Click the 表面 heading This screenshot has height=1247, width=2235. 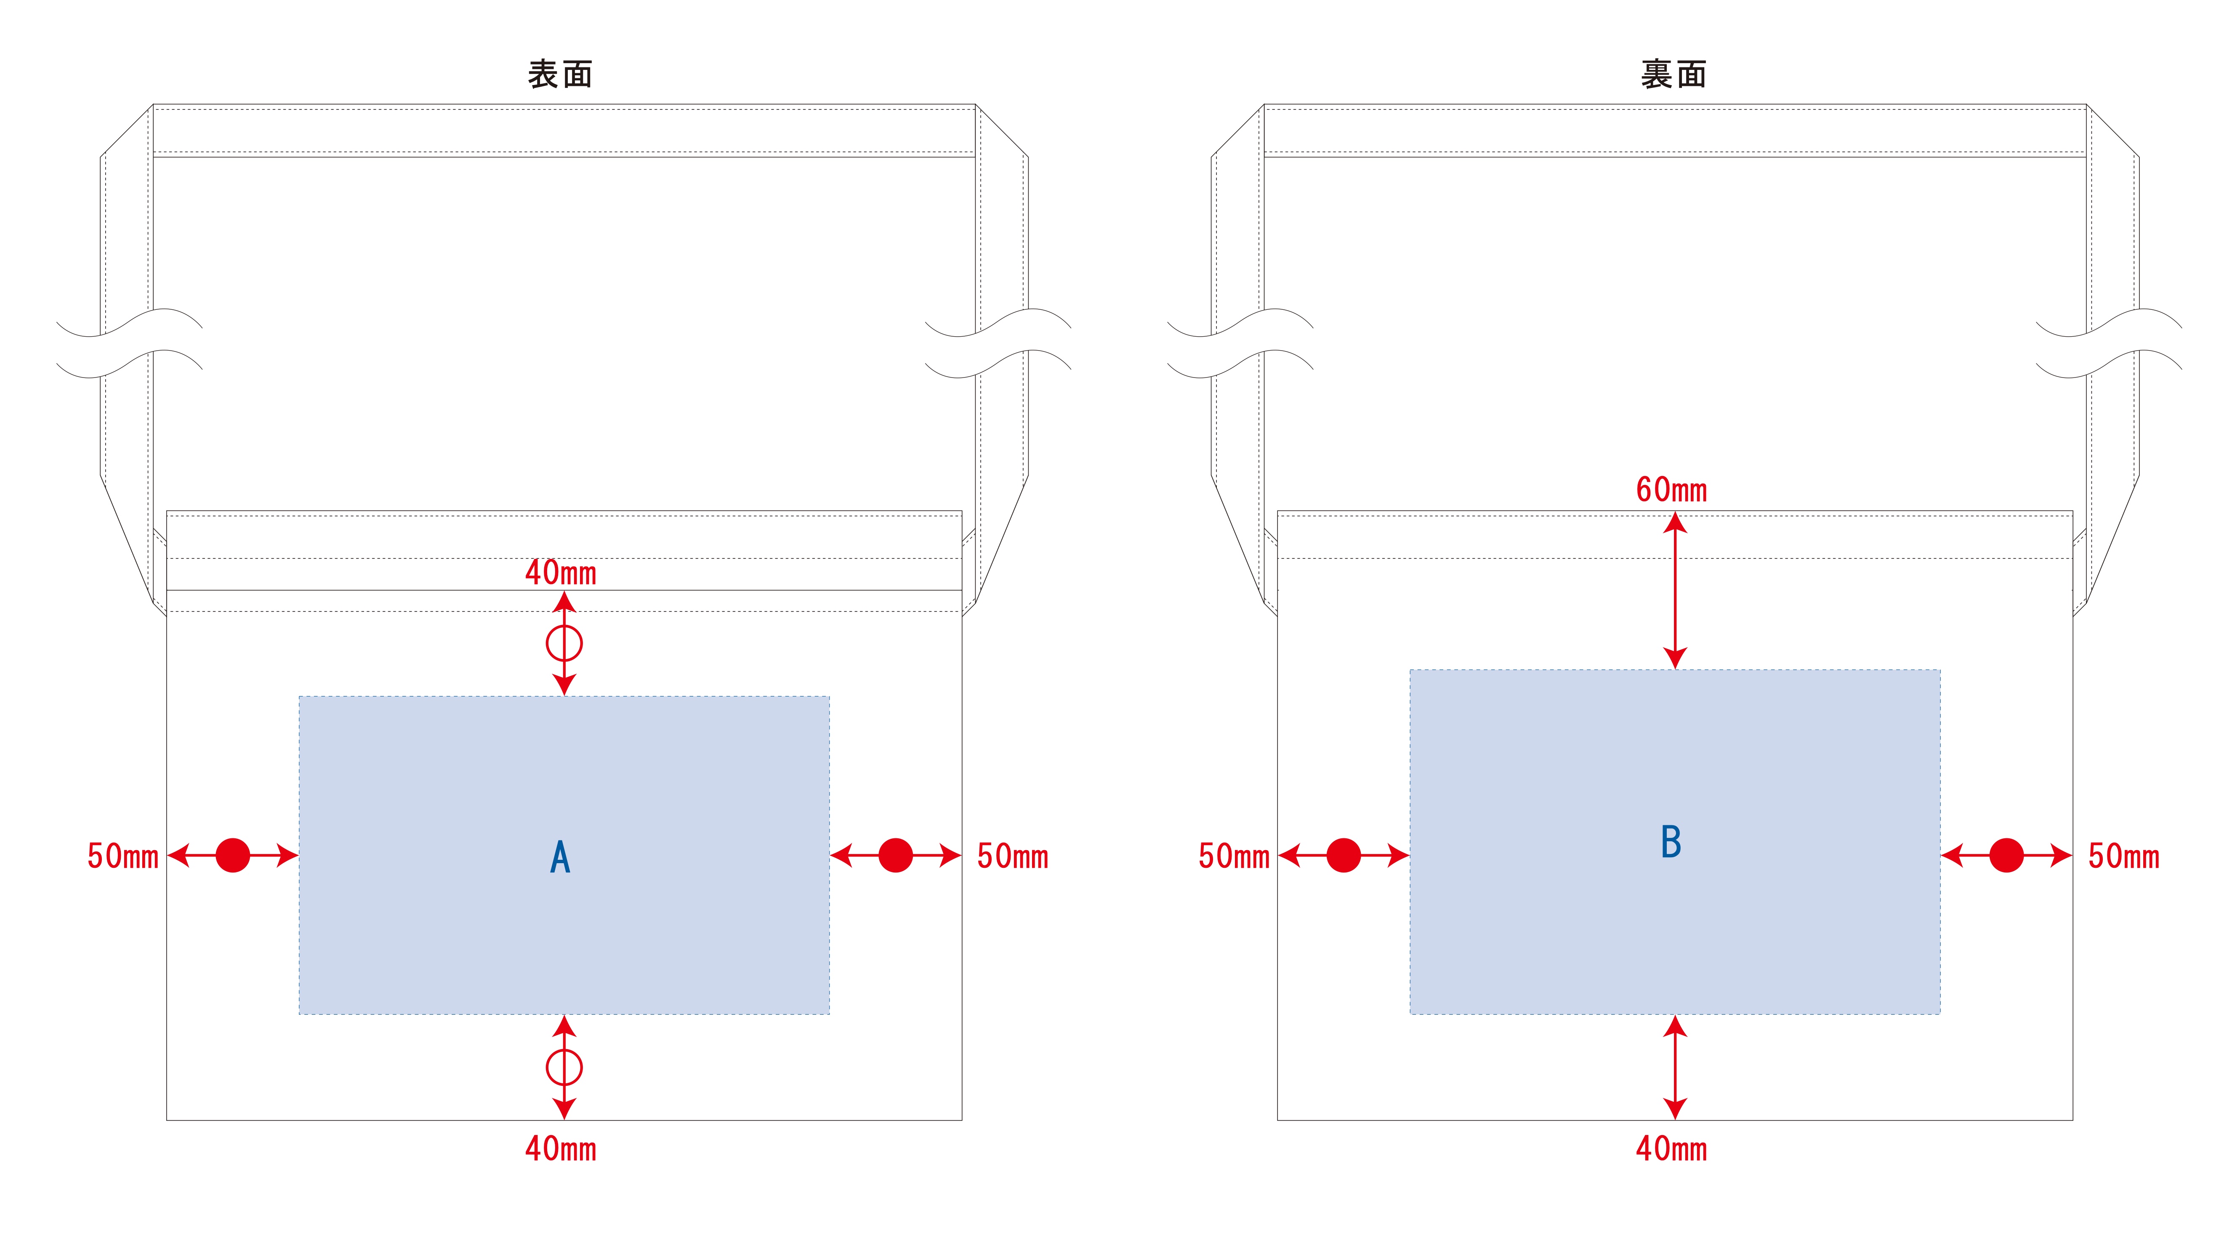(x=560, y=74)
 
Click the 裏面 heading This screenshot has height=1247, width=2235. (x=1673, y=74)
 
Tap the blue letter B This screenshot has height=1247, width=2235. (x=1671, y=842)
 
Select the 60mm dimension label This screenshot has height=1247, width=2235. (x=1671, y=490)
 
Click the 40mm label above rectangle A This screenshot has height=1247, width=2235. (x=561, y=573)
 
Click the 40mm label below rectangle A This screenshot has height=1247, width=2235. (x=561, y=1149)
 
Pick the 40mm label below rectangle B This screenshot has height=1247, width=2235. (x=1671, y=1149)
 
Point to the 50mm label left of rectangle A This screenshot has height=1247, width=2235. (x=122, y=856)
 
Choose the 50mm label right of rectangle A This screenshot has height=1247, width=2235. (x=1013, y=856)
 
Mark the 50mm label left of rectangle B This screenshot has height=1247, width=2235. (x=1234, y=856)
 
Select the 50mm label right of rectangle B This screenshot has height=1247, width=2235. (x=2123, y=856)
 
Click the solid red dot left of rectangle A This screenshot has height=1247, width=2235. (x=232, y=856)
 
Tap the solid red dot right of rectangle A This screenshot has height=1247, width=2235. (x=895, y=856)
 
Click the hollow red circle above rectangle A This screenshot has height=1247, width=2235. (x=564, y=644)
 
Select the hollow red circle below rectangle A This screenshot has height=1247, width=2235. (x=564, y=1067)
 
